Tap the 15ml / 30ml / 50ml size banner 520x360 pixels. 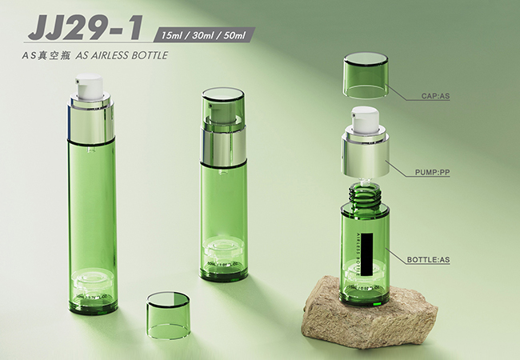click(x=206, y=35)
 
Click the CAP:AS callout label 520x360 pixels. click(x=436, y=97)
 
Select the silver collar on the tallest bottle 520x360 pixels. click(x=88, y=122)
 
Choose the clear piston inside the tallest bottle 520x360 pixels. click(x=88, y=282)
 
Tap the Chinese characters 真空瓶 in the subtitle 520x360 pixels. click(x=59, y=57)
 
